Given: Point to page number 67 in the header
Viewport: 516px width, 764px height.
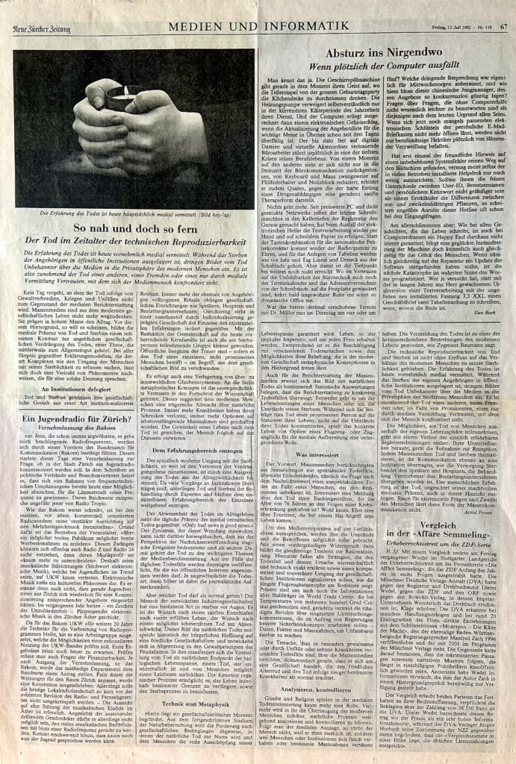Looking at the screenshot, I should (x=503, y=7).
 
